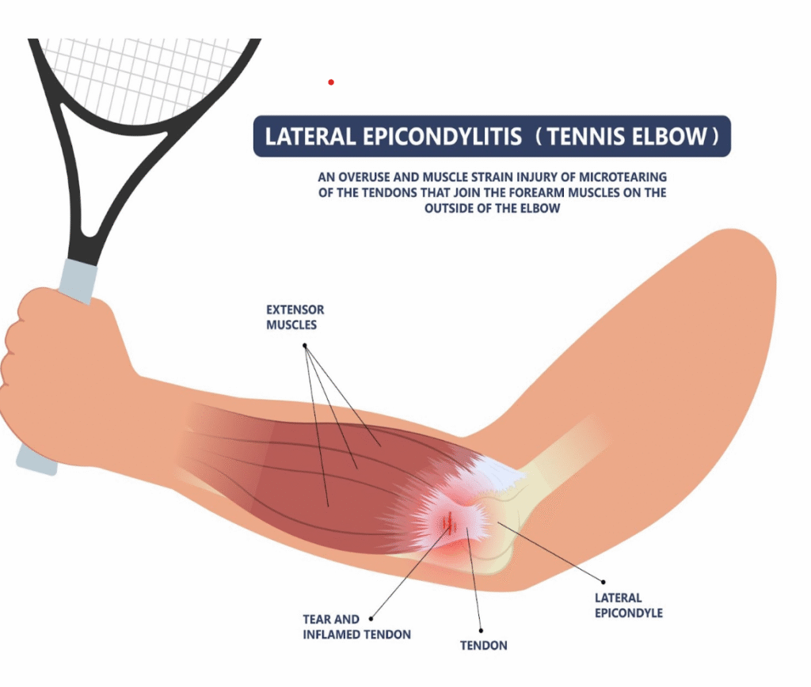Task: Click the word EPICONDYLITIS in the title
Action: tap(442, 136)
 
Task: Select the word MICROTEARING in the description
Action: tap(623, 176)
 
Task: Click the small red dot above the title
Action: tap(331, 82)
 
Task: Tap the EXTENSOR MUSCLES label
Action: tap(295, 317)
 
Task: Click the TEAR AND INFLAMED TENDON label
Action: tap(356, 627)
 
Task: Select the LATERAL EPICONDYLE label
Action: tap(628, 605)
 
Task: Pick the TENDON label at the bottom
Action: tap(484, 645)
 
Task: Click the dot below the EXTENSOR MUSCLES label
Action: tap(305, 345)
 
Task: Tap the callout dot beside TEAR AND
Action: tap(371, 618)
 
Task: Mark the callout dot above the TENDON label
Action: tap(481, 631)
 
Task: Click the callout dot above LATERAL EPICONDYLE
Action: tap(603, 582)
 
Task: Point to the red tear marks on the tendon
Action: tap(450, 522)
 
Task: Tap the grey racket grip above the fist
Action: tap(78, 279)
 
